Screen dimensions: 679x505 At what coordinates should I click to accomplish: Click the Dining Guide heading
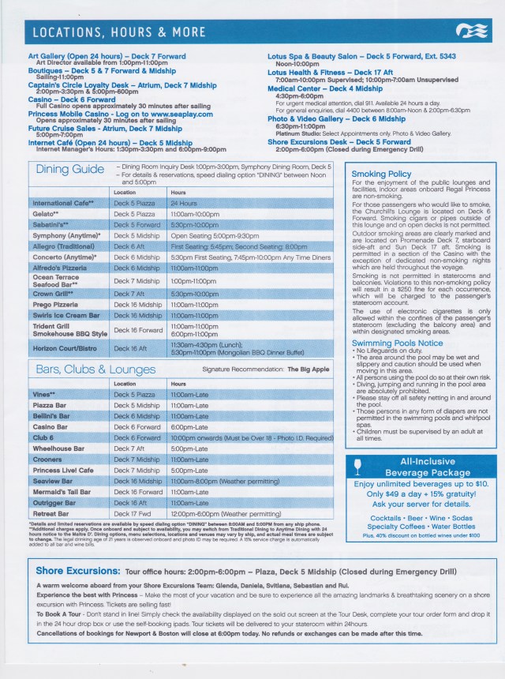click(71, 170)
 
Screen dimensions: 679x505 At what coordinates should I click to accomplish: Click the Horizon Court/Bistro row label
click(65, 347)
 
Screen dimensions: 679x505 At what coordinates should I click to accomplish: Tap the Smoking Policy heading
click(381, 173)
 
